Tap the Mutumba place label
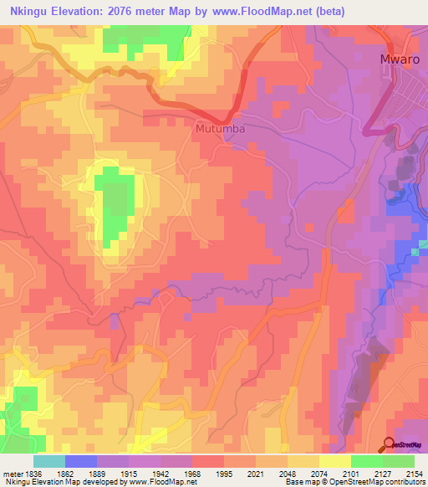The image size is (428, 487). [221, 129]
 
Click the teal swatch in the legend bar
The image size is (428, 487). [49, 461]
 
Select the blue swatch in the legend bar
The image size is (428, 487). [81, 461]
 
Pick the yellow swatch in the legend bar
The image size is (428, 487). [335, 461]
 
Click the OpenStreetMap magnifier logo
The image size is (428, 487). [390, 443]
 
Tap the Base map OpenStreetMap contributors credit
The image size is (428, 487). [354, 482]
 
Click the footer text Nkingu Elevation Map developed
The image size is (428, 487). [59, 482]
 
